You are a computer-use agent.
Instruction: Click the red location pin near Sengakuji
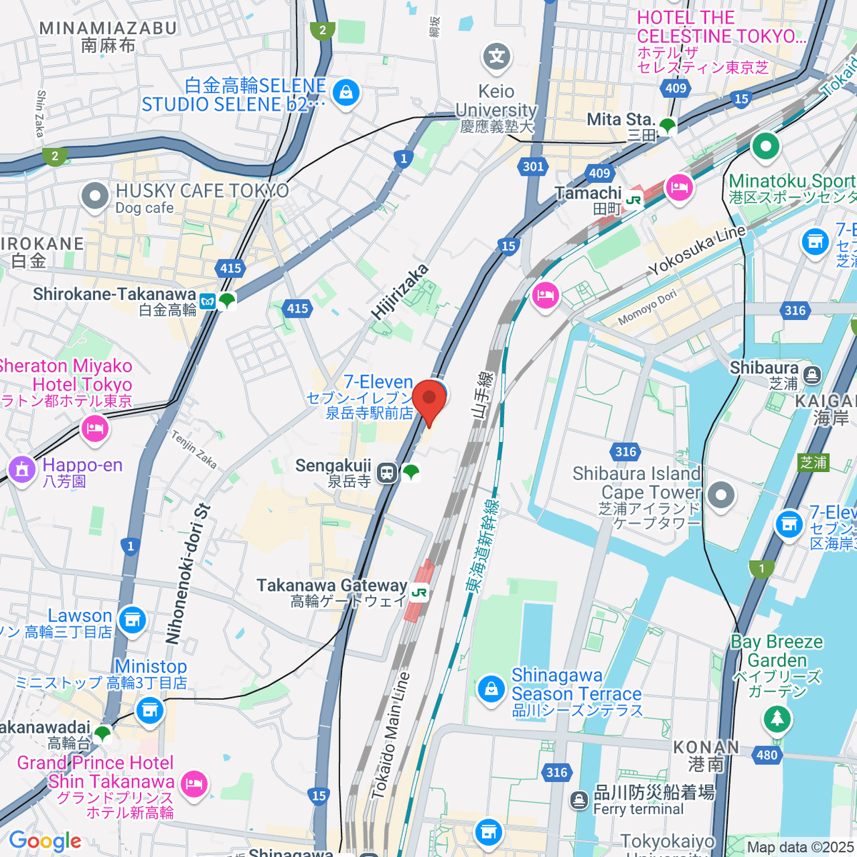click(x=429, y=400)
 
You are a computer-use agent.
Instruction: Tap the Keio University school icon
click(x=497, y=57)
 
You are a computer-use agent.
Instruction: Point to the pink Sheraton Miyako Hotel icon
click(x=94, y=428)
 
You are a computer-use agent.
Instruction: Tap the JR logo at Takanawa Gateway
click(x=419, y=592)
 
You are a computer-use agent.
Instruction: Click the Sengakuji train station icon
click(x=387, y=473)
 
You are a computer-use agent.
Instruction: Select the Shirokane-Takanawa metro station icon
click(x=208, y=301)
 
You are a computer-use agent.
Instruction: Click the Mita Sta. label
click(x=620, y=119)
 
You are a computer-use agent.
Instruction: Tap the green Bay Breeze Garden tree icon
click(x=777, y=717)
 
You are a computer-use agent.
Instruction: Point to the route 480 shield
click(x=766, y=755)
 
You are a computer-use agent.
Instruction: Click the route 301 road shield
click(x=533, y=166)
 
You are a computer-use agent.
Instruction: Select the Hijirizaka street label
click(x=400, y=291)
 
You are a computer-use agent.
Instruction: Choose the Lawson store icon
click(x=132, y=620)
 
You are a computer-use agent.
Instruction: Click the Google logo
click(x=44, y=841)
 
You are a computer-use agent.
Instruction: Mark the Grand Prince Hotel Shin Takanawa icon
click(x=193, y=783)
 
